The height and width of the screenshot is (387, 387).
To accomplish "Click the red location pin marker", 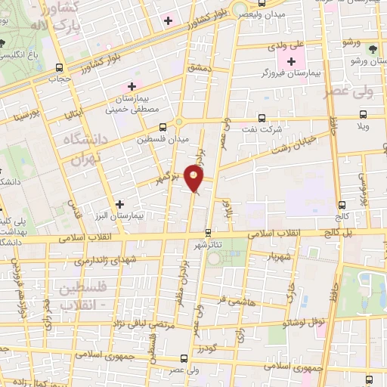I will (x=195, y=180).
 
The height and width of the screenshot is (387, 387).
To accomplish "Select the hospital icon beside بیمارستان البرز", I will (x=119, y=203).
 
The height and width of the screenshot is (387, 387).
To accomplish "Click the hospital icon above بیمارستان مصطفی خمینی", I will (x=133, y=87).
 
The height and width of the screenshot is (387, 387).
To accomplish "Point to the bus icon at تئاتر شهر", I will (x=209, y=232).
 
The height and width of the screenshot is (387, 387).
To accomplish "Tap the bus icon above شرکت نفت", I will (x=262, y=118).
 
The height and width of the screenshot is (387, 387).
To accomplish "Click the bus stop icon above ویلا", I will (x=364, y=115).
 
